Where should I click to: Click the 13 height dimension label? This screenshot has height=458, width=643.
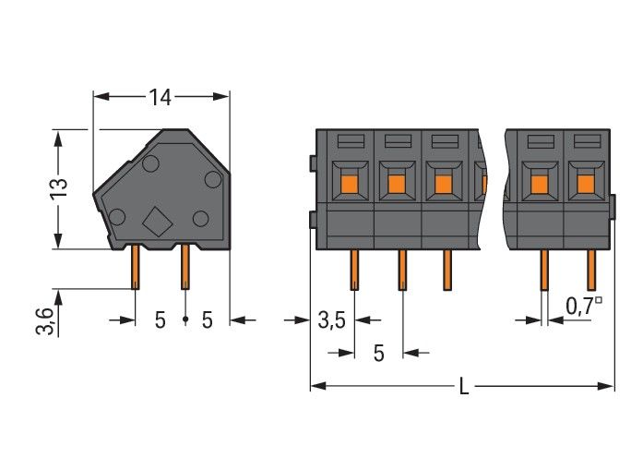coord(58,187)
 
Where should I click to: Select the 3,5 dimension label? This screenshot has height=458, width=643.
coord(331,320)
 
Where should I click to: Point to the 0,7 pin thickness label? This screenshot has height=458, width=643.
coord(585,304)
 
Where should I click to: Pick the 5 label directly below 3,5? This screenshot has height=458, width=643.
coord(378,352)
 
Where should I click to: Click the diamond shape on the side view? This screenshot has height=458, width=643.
coord(158,222)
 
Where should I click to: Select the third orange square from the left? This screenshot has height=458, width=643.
coord(444,184)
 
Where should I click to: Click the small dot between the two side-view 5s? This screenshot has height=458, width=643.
coord(185,319)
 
